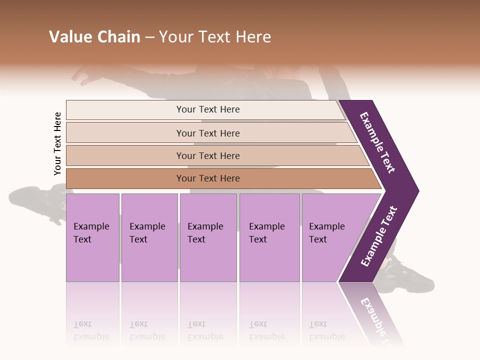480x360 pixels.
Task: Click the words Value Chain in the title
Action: point(94,37)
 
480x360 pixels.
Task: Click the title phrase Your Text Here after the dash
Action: point(215,37)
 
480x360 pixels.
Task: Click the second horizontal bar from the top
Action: point(208,133)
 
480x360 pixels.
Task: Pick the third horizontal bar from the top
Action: point(208,155)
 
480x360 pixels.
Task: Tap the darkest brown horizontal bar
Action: point(208,178)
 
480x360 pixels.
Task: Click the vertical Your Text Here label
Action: point(57,144)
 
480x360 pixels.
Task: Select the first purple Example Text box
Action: point(92,237)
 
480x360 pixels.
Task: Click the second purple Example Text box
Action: point(149,237)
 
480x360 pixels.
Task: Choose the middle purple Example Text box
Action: point(208,237)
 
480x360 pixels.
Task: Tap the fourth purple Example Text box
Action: point(269,237)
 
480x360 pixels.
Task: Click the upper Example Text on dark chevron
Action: point(377,142)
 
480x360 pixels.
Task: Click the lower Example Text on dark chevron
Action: point(379,236)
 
